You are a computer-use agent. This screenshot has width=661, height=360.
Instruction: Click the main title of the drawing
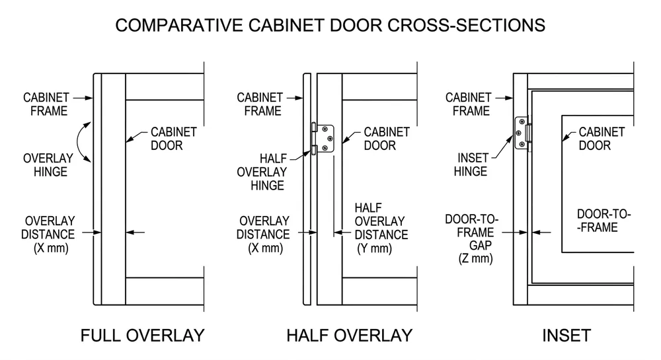[330, 25]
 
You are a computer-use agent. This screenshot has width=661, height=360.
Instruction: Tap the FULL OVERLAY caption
[142, 335]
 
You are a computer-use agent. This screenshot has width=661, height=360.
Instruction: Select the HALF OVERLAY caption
[349, 335]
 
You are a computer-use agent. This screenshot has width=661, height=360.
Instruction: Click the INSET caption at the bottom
[566, 335]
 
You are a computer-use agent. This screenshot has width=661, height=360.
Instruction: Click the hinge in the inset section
[522, 134]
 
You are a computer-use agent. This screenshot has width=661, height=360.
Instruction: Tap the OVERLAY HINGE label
[45, 165]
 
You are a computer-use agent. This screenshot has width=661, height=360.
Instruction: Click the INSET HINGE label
[471, 165]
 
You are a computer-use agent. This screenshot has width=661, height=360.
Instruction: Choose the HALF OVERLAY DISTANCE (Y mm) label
[381, 228]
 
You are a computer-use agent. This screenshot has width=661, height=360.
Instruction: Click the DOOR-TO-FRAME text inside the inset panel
[601, 221]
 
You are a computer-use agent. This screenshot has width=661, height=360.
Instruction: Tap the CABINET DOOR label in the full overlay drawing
[174, 138]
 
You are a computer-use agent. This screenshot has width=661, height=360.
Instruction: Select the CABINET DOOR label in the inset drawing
[602, 138]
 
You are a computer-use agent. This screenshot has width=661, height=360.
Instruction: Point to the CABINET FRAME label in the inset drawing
[468, 104]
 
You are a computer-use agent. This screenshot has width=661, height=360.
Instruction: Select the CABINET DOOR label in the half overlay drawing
[387, 138]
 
